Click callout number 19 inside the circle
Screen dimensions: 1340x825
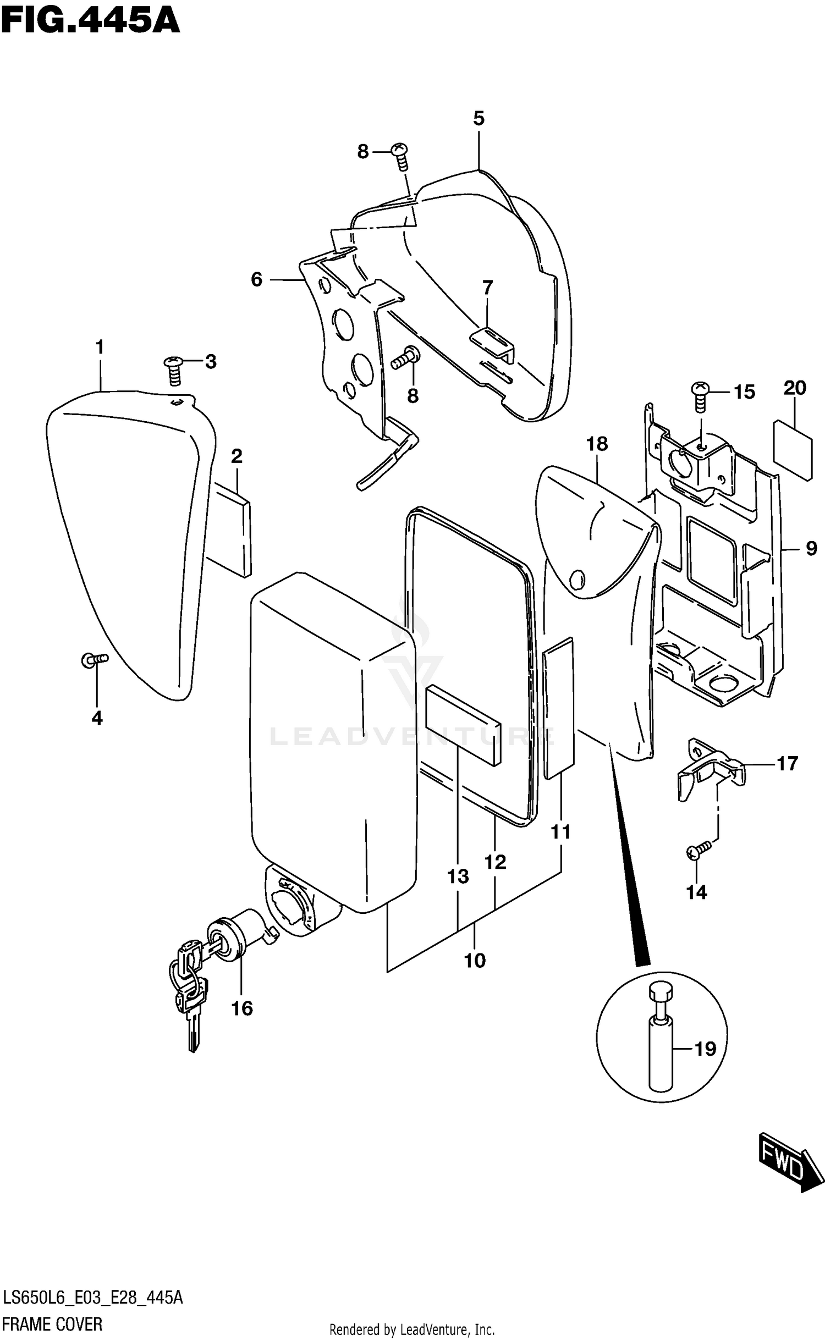click(705, 1049)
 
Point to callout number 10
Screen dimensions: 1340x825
click(475, 960)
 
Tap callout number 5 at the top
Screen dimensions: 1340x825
click(479, 118)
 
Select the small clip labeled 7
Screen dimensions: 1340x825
click(492, 341)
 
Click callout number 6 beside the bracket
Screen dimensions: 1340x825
click(256, 279)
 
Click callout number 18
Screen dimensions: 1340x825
click(597, 444)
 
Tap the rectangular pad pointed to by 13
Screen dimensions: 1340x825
click(463, 724)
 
